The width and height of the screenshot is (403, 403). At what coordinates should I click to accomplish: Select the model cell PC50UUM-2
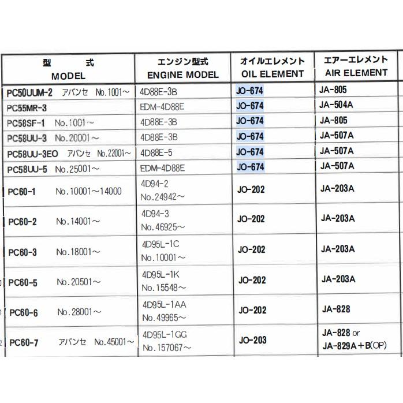29,92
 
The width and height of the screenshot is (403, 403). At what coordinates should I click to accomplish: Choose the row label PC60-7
24,343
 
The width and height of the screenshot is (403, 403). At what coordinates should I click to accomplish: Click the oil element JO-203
252,340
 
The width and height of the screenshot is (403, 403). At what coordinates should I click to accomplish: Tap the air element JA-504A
336,105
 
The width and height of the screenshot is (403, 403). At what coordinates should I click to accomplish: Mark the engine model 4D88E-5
156,152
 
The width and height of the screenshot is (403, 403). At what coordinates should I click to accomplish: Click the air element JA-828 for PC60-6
335,309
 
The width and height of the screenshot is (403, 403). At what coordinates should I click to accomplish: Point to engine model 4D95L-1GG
165,334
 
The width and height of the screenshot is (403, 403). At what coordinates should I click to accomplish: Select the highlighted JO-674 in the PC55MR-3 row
250,106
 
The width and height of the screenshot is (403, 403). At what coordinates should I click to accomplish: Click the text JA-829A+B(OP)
353,345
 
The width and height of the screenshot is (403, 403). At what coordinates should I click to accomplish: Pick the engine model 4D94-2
155,184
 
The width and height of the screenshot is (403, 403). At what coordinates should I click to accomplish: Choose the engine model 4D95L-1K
161,274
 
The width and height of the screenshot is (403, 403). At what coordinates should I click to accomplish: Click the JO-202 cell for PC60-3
252,249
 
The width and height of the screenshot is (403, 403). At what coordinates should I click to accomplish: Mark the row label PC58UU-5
29,169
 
